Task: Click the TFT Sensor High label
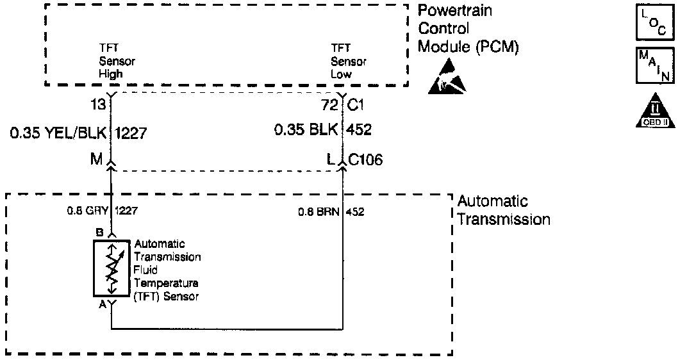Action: [x=117, y=61]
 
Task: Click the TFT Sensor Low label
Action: [x=349, y=61]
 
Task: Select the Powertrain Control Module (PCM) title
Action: [x=468, y=29]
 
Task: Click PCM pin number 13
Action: [x=98, y=104]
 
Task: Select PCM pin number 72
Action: [x=330, y=104]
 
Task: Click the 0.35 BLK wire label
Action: [x=306, y=130]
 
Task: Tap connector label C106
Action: [x=365, y=160]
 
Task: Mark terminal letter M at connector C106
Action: [x=97, y=160]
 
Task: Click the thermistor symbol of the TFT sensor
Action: [x=112, y=269]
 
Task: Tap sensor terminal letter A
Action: [x=101, y=306]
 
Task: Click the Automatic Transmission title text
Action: [x=503, y=210]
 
